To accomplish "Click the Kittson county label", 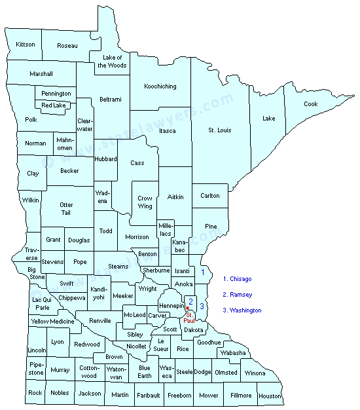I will coord(26,45).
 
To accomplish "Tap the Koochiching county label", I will coord(161,86).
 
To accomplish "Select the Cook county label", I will coord(310,104).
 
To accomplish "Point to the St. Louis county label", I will coord(220,130).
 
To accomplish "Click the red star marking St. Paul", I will coord(188,308).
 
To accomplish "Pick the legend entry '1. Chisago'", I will coord(238,279).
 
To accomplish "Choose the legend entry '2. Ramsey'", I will coord(238,295).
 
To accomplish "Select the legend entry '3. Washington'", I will coord(242,310).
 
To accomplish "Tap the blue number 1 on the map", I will coord(203,272).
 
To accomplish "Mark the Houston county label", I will coord(270,396).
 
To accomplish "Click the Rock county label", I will coord(35,393).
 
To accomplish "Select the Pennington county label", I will coord(56,94).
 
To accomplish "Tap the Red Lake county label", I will coord(54,105).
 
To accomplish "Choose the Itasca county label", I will coord(167,131).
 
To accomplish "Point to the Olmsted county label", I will coord(226,372).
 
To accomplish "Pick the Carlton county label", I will coord(210,196).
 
